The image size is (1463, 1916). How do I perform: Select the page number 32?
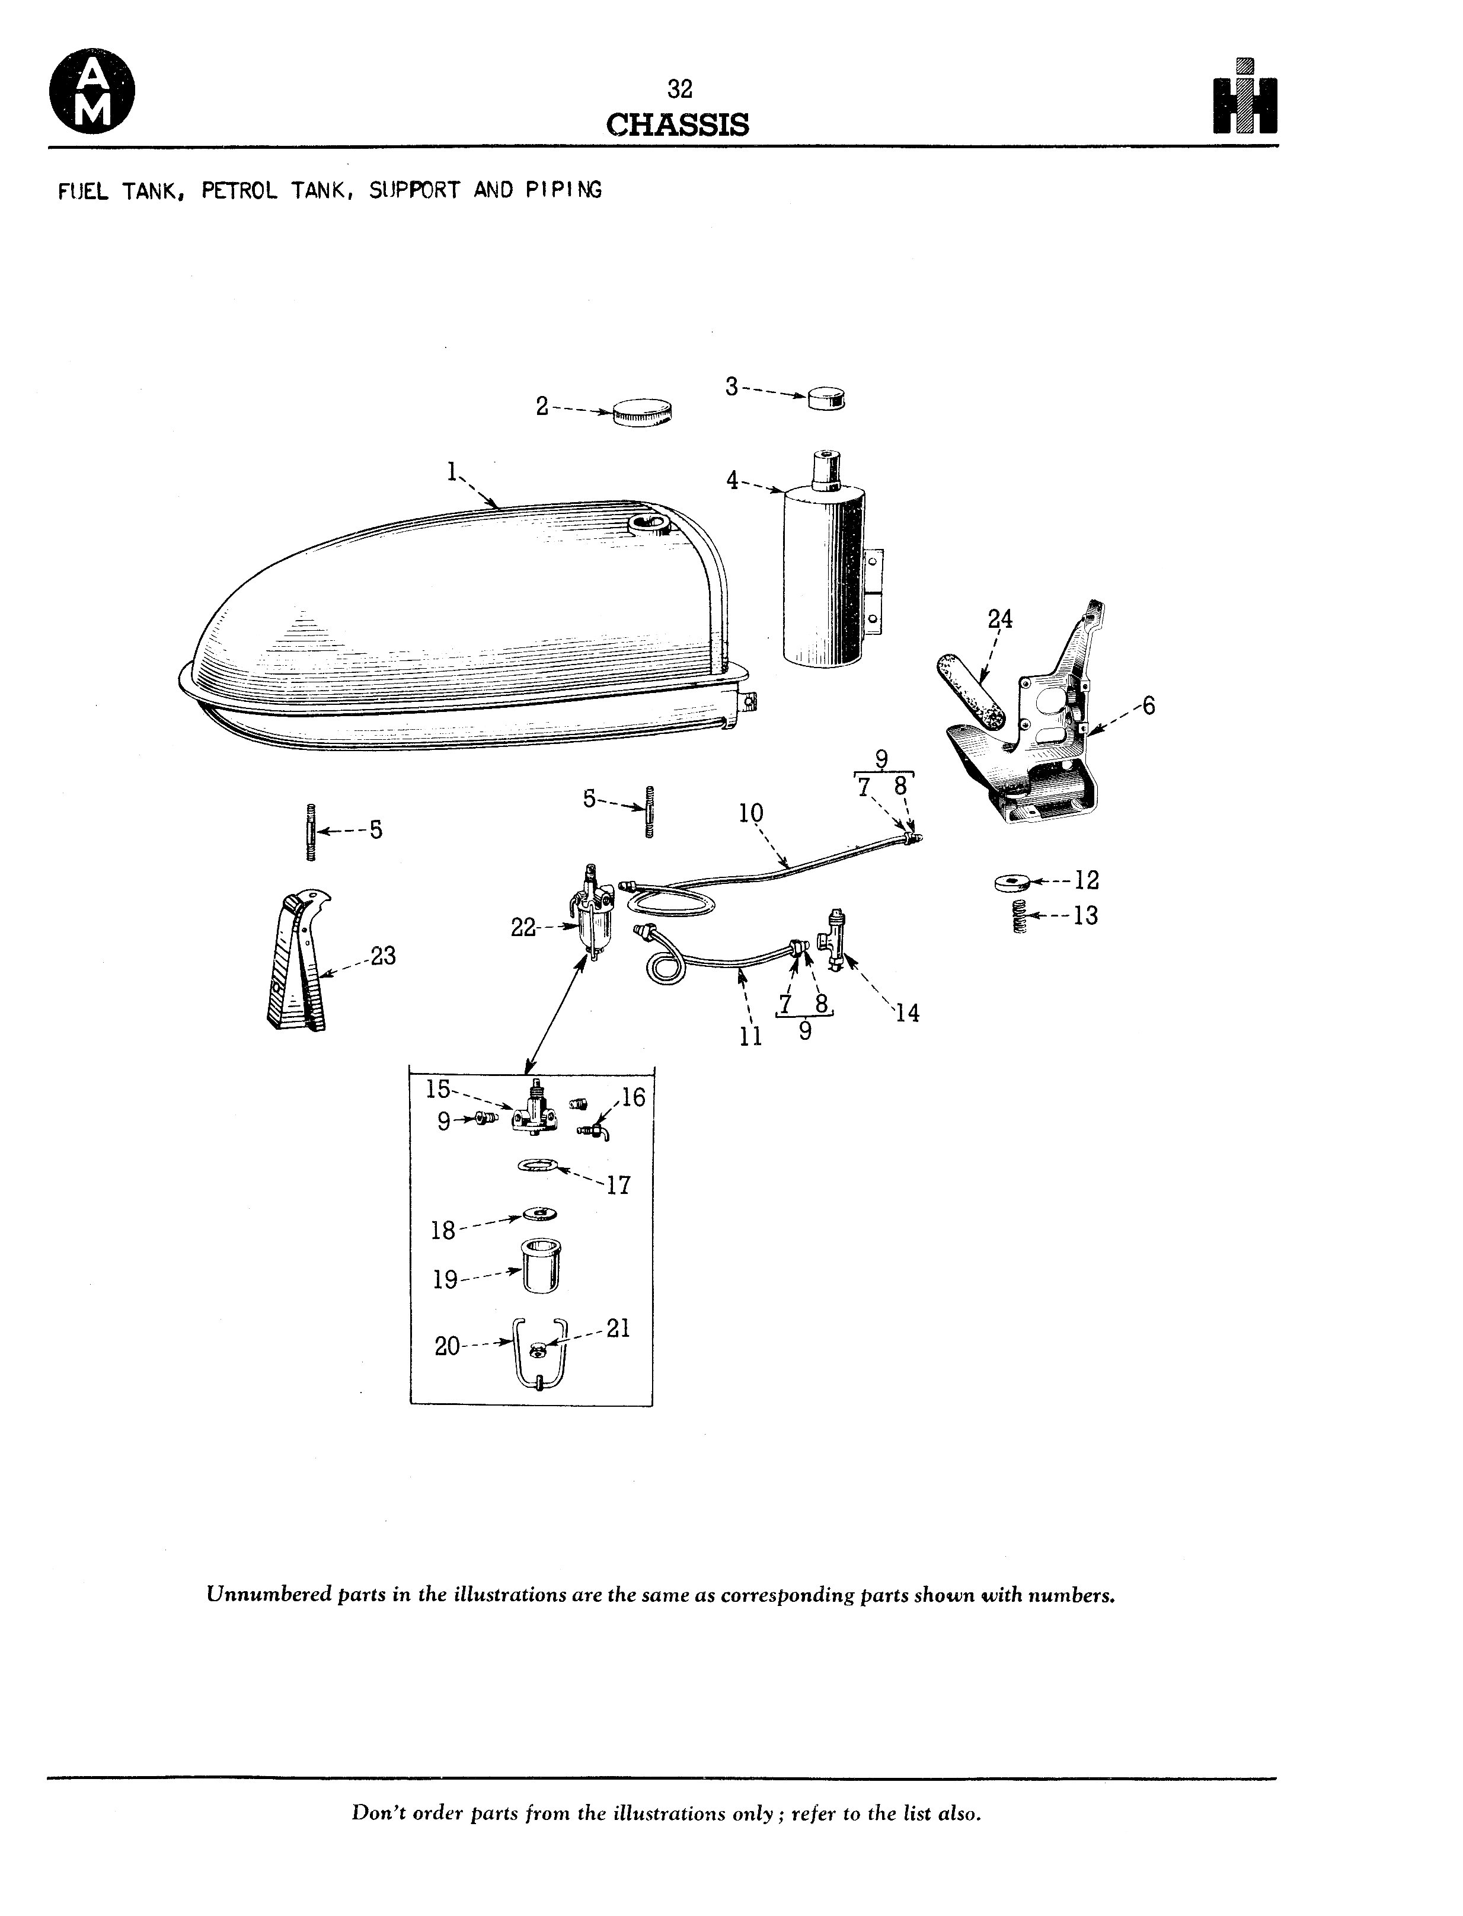[x=679, y=89]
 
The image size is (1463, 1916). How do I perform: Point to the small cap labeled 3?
[x=826, y=399]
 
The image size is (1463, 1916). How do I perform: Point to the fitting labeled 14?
[x=832, y=941]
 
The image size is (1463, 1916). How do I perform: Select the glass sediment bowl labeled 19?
[x=540, y=1266]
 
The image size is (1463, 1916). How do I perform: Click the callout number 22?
[x=523, y=928]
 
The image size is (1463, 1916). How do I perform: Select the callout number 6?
[x=1149, y=705]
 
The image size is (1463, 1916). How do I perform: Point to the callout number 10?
[x=750, y=813]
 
